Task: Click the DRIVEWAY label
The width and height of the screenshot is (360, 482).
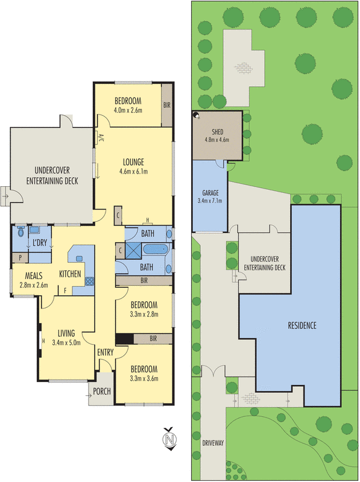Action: (x=213, y=443)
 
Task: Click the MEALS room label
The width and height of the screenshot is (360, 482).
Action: (x=25, y=276)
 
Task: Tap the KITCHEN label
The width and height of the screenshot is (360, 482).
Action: (x=70, y=274)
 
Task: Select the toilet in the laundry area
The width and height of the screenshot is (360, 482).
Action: (x=21, y=230)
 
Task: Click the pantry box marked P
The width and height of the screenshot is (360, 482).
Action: (x=21, y=257)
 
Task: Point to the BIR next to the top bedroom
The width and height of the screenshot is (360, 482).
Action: (x=167, y=105)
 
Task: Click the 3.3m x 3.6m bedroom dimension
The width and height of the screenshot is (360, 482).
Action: (x=144, y=379)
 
